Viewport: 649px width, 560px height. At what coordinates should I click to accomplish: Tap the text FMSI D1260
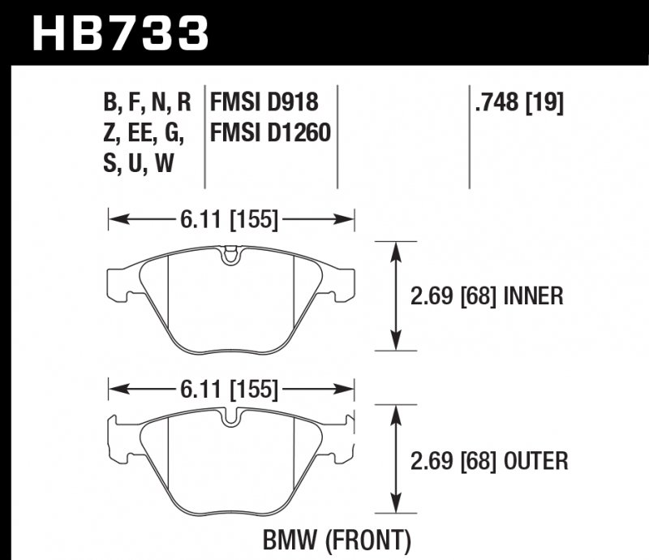tap(270, 131)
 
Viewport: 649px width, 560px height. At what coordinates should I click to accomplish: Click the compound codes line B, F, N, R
tap(147, 102)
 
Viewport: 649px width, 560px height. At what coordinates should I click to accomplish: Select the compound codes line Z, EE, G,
tap(143, 131)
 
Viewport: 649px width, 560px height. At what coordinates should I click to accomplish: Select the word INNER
tap(533, 296)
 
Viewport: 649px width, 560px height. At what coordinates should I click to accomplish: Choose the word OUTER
tap(535, 462)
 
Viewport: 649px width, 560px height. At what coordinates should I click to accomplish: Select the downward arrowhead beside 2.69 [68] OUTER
tap(395, 500)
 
